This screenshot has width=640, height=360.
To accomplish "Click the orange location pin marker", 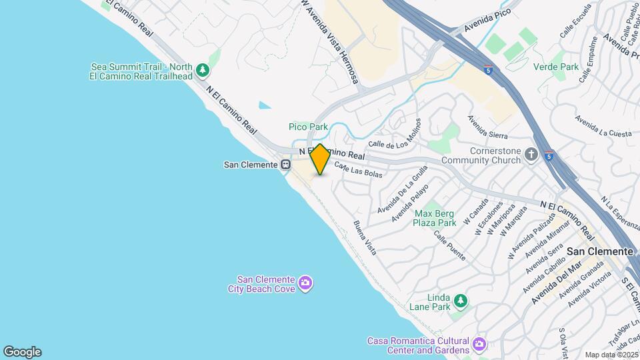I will [x=320, y=159].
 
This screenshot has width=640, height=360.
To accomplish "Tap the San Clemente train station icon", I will [x=286, y=164].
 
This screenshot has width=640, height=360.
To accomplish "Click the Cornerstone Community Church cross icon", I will [x=531, y=155].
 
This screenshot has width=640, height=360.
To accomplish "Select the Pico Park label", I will [x=308, y=127].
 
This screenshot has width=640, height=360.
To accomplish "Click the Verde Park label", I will [x=556, y=67].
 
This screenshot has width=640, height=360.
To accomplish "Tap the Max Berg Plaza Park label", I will [x=435, y=218].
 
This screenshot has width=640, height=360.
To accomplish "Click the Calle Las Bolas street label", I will [x=358, y=170].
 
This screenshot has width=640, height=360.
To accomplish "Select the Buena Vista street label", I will [x=365, y=237].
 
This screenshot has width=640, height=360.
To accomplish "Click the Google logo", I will [x=22, y=352].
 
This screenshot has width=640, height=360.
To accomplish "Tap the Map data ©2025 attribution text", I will [x=611, y=355].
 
